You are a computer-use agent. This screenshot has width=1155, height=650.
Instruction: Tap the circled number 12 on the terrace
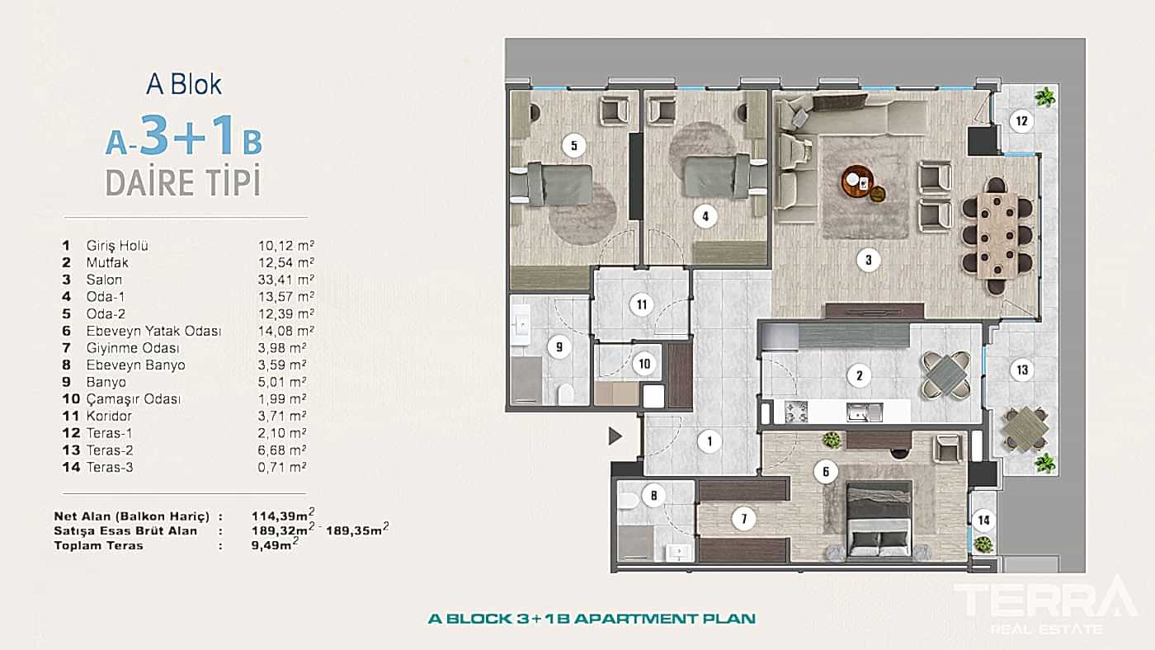click(x=1021, y=122)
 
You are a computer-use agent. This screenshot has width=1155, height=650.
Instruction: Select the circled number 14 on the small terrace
click(x=983, y=520)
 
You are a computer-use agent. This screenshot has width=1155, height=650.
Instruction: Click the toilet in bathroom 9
click(x=567, y=396)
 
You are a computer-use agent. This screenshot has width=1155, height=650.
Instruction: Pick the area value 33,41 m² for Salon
click(x=282, y=280)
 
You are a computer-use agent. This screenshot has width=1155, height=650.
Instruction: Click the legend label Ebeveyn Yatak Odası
click(x=153, y=331)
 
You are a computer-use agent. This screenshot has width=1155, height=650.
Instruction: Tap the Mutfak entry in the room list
click(x=107, y=262)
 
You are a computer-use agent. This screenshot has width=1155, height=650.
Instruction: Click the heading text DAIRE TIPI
click(x=183, y=181)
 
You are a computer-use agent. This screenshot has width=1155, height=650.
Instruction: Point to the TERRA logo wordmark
click(x=1044, y=601)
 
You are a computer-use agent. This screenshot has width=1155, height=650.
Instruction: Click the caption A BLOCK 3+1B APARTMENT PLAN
click(x=592, y=618)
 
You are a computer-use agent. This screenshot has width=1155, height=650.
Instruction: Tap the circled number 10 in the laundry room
click(x=644, y=363)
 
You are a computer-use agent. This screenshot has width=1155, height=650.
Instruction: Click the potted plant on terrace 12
click(x=1045, y=96)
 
